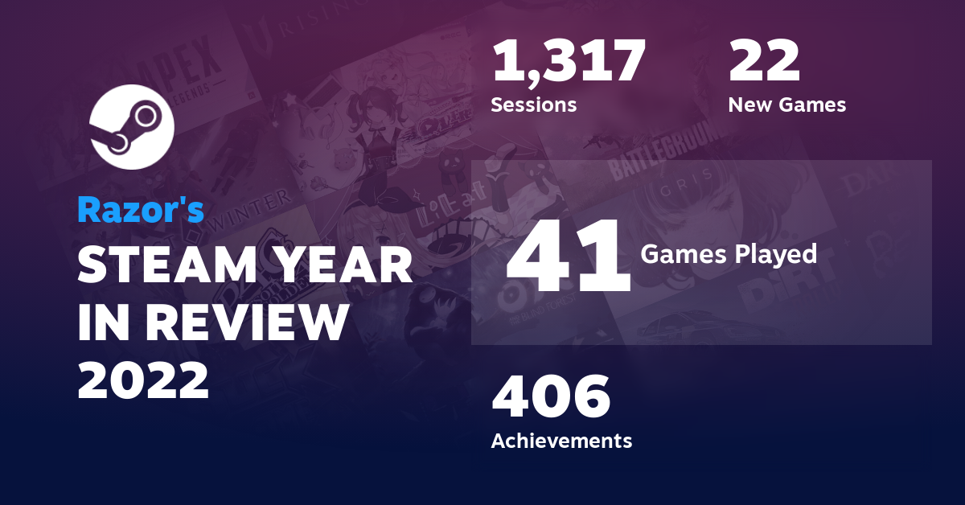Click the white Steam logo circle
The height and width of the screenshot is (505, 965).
point(131,126)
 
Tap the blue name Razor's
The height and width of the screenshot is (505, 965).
point(141,210)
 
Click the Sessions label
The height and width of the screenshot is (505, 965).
point(533,105)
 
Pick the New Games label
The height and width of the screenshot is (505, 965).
point(786,105)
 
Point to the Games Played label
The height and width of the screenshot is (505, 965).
point(729,255)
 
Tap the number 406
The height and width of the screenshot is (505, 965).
point(551,397)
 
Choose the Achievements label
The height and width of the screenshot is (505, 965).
point(561,441)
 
